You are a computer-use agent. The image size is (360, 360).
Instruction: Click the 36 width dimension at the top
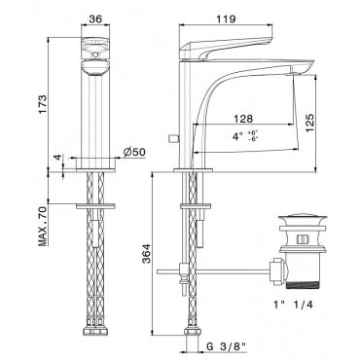tap(95, 19)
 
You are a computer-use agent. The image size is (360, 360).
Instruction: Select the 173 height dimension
tap(42, 104)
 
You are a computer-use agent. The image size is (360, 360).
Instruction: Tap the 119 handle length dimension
tap(227, 18)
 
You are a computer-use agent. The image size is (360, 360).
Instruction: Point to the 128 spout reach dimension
tap(243, 119)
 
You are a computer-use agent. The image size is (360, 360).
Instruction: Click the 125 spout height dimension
tap(309, 123)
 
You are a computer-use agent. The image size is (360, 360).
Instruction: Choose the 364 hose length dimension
tap(147, 253)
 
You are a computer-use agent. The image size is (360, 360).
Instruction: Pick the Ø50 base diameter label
tap(134, 152)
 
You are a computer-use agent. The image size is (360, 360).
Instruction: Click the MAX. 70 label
tap(43, 227)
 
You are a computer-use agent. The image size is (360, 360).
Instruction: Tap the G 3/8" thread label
tap(227, 346)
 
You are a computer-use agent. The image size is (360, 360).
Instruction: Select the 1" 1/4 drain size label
tap(293, 305)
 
